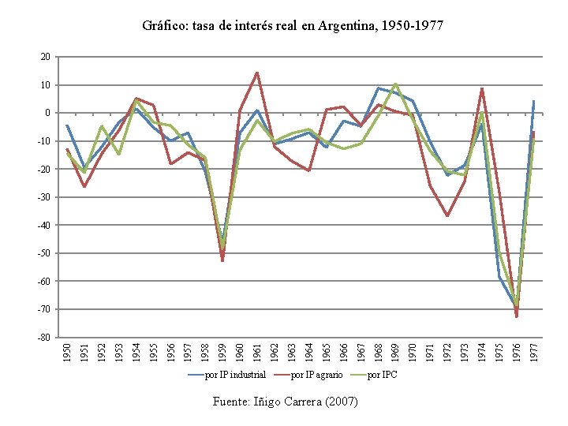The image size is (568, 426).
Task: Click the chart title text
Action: point(293,26)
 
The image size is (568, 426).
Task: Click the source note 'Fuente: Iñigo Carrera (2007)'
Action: point(285,402)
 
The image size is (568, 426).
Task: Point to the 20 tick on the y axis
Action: point(46,57)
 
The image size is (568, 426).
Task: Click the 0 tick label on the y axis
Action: point(48,113)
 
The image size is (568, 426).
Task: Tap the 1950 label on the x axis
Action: point(67,352)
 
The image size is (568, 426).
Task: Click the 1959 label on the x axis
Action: point(222,352)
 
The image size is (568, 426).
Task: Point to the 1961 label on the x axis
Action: point(257,352)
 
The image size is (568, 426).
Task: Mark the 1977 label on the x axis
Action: point(534,352)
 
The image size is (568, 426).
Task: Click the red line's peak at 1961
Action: point(257,73)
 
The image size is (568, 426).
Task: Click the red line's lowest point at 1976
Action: point(517,316)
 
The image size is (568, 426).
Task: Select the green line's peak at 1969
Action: point(395,84)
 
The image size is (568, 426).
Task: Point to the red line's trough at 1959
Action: point(222,260)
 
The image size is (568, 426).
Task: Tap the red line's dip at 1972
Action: point(447,215)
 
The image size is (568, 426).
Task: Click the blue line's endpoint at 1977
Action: point(534,101)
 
